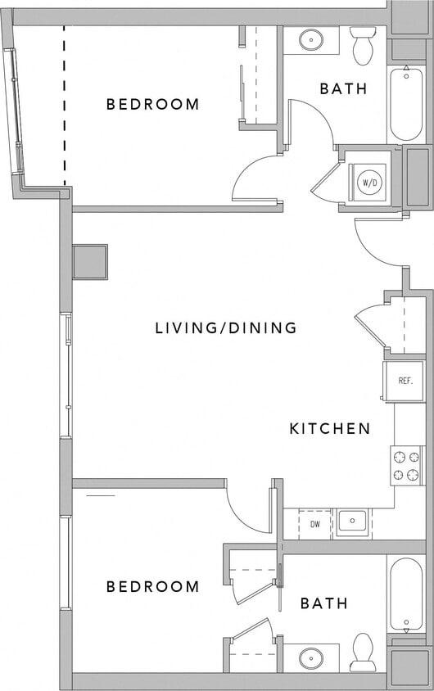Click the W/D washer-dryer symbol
click(x=370, y=183)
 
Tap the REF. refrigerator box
click(x=404, y=381)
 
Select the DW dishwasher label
click(x=314, y=522)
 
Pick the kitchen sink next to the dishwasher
click(x=353, y=522)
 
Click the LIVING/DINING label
click(x=226, y=328)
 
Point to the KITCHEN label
click(x=330, y=428)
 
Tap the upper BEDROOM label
click(x=153, y=104)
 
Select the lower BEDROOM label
click(x=153, y=586)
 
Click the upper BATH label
click(x=342, y=88)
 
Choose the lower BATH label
click(x=323, y=603)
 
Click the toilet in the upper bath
click(x=362, y=46)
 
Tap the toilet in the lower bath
click(x=362, y=652)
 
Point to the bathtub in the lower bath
click(x=406, y=594)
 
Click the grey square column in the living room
click(x=90, y=262)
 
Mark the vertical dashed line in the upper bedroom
click(x=64, y=104)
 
